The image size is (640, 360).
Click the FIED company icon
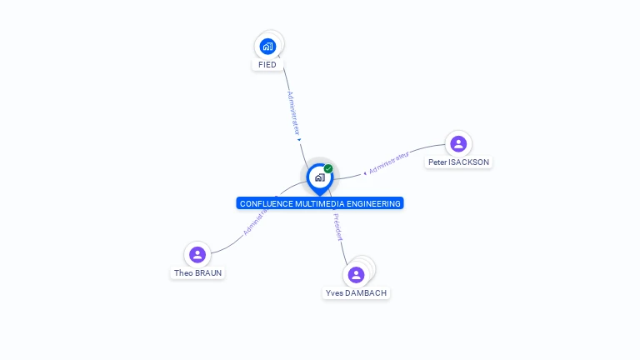(x=267, y=46)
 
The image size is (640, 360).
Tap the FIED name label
(x=267, y=65)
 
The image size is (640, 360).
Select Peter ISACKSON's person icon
(x=458, y=143)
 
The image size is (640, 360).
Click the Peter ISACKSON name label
(x=458, y=162)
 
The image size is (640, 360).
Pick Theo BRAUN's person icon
(x=197, y=254)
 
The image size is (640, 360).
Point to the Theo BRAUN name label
(x=197, y=272)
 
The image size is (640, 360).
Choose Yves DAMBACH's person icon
(x=356, y=274)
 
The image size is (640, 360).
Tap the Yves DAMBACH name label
(x=356, y=293)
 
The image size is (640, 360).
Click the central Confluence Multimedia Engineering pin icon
(x=319, y=177)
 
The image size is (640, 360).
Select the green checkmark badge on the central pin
(x=328, y=168)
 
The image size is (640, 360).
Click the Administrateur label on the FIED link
(x=293, y=113)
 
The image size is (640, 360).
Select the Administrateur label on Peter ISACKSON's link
(x=389, y=162)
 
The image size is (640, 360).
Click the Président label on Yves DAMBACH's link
(x=337, y=227)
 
